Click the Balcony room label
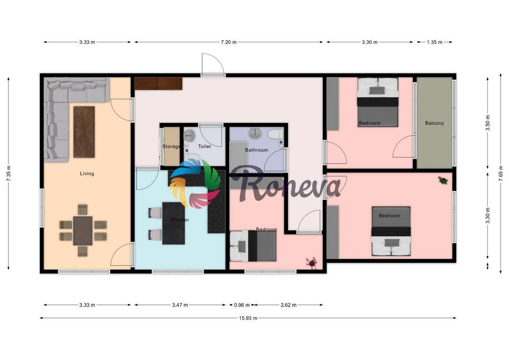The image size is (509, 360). click(x=434, y=123)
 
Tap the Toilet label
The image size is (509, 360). click(x=204, y=146)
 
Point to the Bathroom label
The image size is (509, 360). click(x=257, y=150)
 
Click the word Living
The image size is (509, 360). click(x=87, y=173)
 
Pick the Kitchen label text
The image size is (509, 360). click(x=180, y=219)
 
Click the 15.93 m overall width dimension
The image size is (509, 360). click(x=247, y=318)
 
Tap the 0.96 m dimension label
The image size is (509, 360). click(x=242, y=305)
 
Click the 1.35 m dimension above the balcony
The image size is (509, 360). click(x=434, y=42)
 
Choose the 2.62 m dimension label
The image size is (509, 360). click(x=288, y=305)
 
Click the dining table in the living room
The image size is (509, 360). click(x=83, y=231)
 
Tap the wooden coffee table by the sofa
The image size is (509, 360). click(x=84, y=131)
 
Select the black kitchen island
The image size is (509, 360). click(x=173, y=223)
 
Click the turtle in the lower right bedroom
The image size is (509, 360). click(x=443, y=180)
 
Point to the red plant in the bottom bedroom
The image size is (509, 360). click(x=312, y=261)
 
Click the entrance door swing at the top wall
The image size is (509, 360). click(x=213, y=65)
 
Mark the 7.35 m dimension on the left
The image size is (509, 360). click(x=8, y=173)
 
